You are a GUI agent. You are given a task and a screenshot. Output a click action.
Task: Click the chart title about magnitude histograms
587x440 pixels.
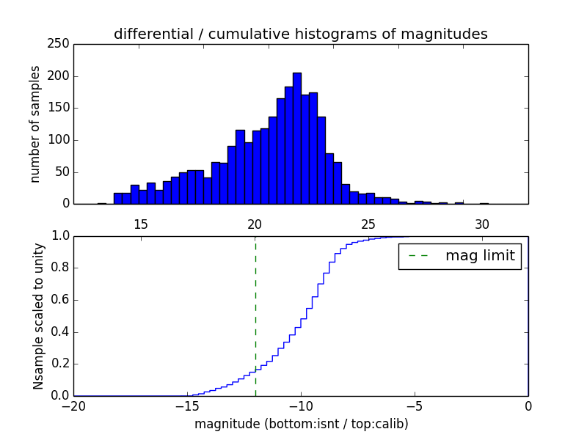click(300, 34)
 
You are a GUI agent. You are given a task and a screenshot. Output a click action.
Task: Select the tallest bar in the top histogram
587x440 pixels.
click(296, 139)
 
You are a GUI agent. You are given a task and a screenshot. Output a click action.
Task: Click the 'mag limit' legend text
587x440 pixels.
click(480, 256)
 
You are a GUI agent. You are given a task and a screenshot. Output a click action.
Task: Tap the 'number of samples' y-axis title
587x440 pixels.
click(35, 124)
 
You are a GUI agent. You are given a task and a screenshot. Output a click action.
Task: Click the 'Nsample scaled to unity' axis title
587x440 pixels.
click(38, 316)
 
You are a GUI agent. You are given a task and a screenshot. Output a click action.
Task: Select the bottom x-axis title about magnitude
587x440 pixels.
click(301, 424)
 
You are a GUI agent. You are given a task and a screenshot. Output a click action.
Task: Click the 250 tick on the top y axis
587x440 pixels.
click(61, 44)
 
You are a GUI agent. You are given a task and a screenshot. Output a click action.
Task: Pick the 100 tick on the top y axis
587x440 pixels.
click(61, 140)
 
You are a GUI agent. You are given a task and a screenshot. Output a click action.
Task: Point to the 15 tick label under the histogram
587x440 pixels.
click(141, 224)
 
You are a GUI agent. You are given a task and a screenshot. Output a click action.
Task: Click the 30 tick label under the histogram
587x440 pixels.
click(482, 224)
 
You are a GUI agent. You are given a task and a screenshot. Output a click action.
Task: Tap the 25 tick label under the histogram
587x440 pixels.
click(368, 224)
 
